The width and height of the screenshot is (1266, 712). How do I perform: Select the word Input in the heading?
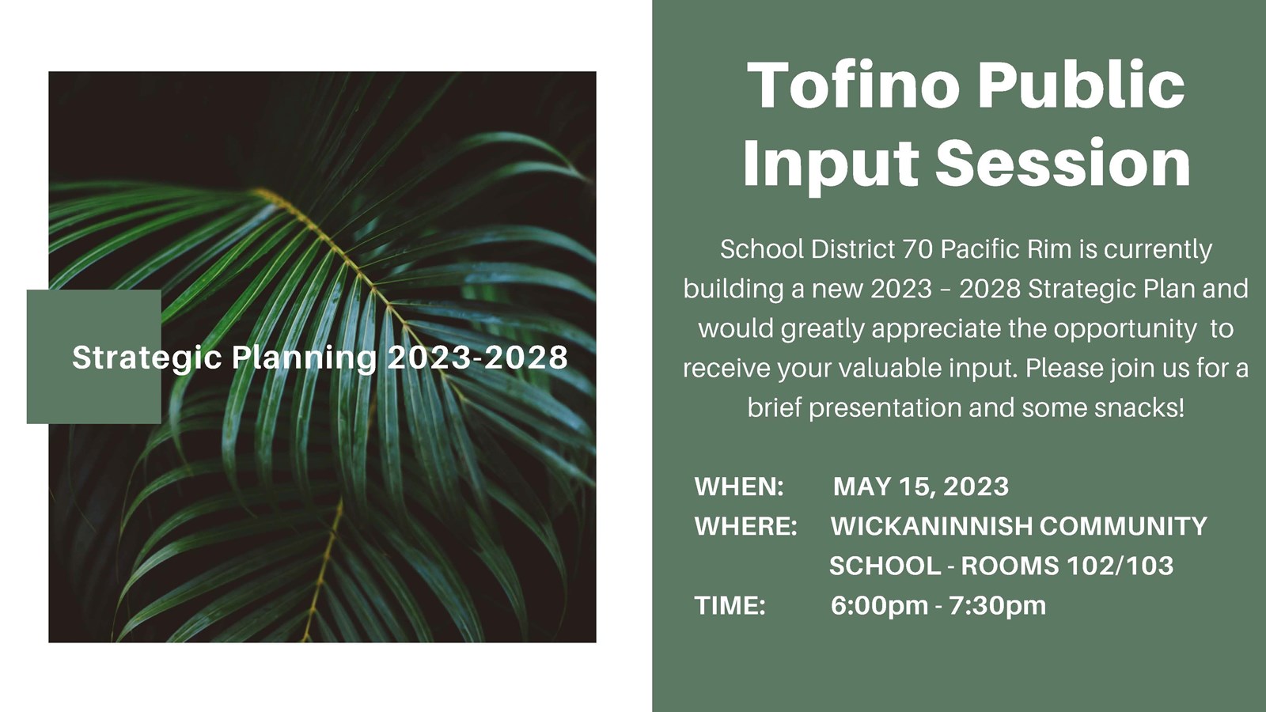(830, 163)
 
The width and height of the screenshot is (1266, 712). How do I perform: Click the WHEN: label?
(739, 486)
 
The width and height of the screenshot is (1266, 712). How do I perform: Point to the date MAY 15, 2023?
(921, 486)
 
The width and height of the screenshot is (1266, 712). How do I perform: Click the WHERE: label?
(745, 526)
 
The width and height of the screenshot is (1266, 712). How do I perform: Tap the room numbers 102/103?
(1120, 566)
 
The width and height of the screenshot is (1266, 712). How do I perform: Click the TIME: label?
(730, 605)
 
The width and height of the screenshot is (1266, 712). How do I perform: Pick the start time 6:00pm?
(879, 605)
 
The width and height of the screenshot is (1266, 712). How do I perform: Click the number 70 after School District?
(917, 249)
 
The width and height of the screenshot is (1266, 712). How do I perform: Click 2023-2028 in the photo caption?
(477, 358)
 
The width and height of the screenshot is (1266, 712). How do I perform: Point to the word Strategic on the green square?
(147, 358)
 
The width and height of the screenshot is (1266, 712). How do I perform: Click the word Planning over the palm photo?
(304, 358)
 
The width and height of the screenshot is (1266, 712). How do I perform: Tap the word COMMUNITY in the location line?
(1124, 526)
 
